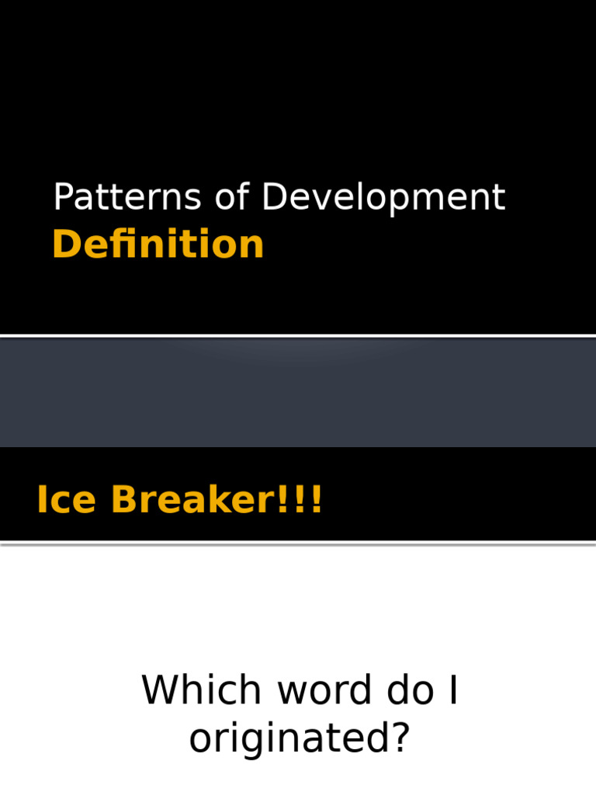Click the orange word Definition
coord(158,245)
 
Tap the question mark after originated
coord(399,738)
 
